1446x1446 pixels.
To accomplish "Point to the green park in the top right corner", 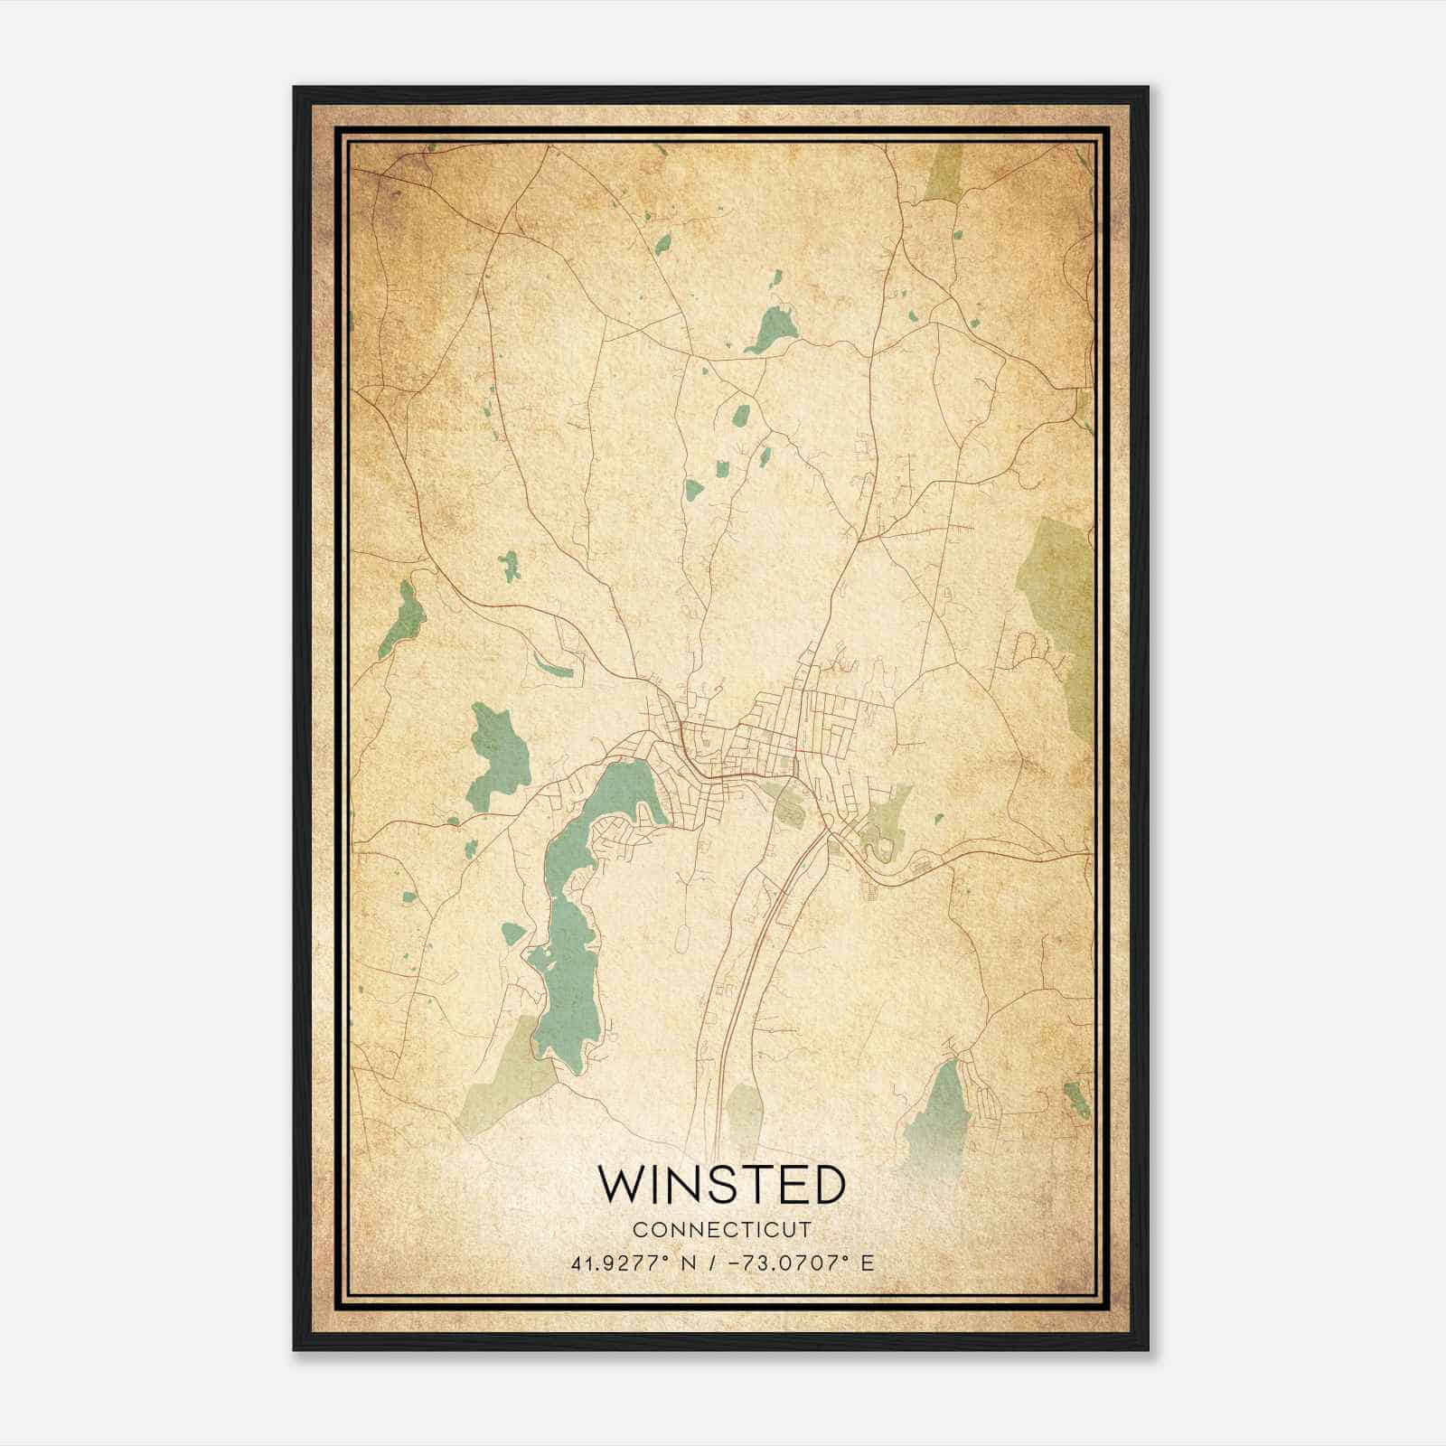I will [944, 172].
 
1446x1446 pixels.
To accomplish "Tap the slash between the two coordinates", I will [714, 1263].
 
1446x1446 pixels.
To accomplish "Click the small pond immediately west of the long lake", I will [512, 932].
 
